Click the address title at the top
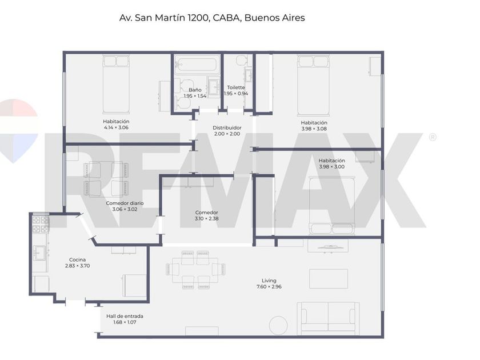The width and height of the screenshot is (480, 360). pyautogui.click(x=212, y=18)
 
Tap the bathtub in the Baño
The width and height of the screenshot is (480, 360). pyautogui.click(x=197, y=65)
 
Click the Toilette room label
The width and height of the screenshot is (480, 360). pyautogui.click(x=236, y=87)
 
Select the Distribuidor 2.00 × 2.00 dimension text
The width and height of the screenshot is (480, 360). pyautogui.click(x=227, y=134)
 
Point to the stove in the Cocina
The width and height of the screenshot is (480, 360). pyautogui.click(x=41, y=225)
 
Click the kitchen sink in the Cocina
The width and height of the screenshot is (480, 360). pyautogui.click(x=40, y=253)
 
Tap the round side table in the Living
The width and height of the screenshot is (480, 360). pyautogui.click(x=278, y=325)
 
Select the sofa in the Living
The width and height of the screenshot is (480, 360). pyautogui.click(x=329, y=318)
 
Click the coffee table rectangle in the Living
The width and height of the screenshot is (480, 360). pyautogui.click(x=329, y=279)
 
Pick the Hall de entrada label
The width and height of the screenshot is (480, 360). pyautogui.click(x=125, y=316)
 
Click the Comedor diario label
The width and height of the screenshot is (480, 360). pyautogui.click(x=125, y=203)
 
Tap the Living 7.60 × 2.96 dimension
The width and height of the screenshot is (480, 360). pyautogui.click(x=269, y=287)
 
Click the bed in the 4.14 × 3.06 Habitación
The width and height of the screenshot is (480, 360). pyautogui.click(x=116, y=84)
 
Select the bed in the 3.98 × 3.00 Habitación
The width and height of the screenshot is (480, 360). pyautogui.click(x=332, y=205)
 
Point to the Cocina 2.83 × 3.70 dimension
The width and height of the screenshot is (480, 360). pyautogui.click(x=78, y=266)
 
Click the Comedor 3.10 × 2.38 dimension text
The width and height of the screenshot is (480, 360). pyautogui.click(x=207, y=218)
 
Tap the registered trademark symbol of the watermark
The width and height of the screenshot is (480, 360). pyautogui.click(x=433, y=137)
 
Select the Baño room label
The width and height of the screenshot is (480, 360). pyautogui.click(x=195, y=90)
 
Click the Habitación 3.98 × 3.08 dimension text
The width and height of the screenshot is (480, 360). pyautogui.click(x=314, y=129)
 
